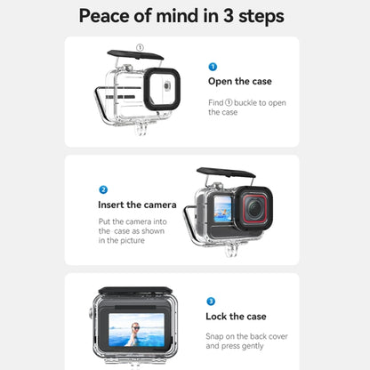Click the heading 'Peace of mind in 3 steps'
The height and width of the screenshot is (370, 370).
pyautogui.click(x=184, y=16)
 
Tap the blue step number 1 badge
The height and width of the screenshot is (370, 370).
pyautogui.click(x=212, y=67)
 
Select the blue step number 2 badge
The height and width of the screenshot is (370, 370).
pyautogui.click(x=103, y=189)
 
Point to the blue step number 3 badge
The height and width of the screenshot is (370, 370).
pyautogui.click(x=211, y=302)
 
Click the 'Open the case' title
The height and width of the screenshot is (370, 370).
pyautogui.click(x=239, y=82)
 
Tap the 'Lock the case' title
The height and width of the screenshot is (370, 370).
pyautogui.click(x=237, y=317)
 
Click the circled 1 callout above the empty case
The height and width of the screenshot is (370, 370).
pyautogui.click(x=140, y=46)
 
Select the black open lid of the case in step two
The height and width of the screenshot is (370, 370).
pyautogui.click(x=226, y=173)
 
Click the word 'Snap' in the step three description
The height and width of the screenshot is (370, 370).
pyautogui.click(x=216, y=335)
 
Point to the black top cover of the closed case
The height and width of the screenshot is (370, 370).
pyautogui.click(x=133, y=291)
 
